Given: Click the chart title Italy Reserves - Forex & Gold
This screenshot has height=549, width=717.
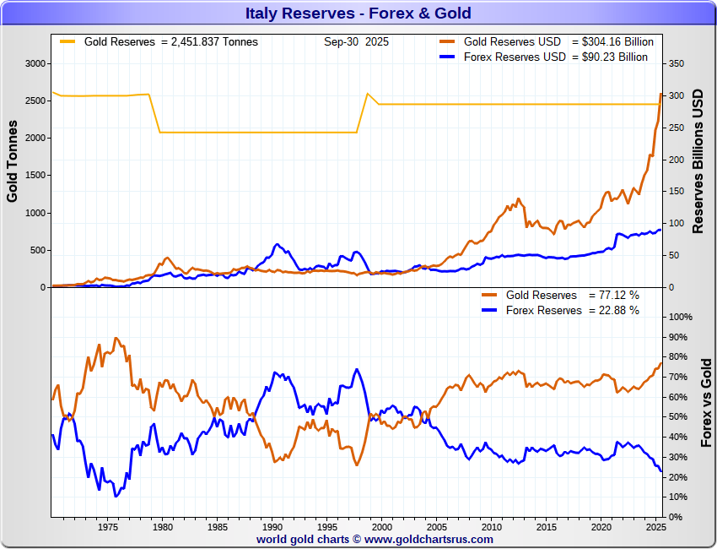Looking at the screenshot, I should coord(358,14).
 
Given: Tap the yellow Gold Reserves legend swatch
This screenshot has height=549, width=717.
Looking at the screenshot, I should coord(67,41).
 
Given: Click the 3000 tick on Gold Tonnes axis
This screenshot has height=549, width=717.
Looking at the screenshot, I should coord(35,63).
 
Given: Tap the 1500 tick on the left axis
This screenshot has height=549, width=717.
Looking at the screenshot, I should coord(35,176).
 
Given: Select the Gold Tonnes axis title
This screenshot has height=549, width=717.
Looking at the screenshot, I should coord(13,160).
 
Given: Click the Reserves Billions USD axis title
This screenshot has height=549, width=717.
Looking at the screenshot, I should coord(698,160).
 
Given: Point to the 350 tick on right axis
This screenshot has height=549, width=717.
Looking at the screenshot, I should coord(676,63).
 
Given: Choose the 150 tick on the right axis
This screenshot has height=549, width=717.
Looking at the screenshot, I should coord(676,192).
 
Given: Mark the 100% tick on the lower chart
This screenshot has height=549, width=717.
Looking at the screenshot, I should coord(680,317).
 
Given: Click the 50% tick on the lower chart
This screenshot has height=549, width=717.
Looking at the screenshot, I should coord(677,417).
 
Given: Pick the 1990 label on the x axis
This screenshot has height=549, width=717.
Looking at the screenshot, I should coord(272,528).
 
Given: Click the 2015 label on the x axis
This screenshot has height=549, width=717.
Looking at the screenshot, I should coord(546,528).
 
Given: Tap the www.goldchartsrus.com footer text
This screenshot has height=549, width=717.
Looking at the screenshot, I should coord(429,539).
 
